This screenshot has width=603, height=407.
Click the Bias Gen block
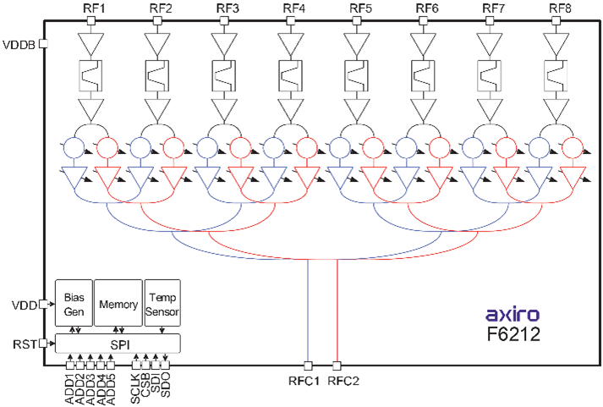[72, 301]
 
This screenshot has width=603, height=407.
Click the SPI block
[118, 343]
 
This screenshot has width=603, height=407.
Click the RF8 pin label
[560, 9]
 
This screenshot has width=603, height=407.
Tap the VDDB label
[19, 44]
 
